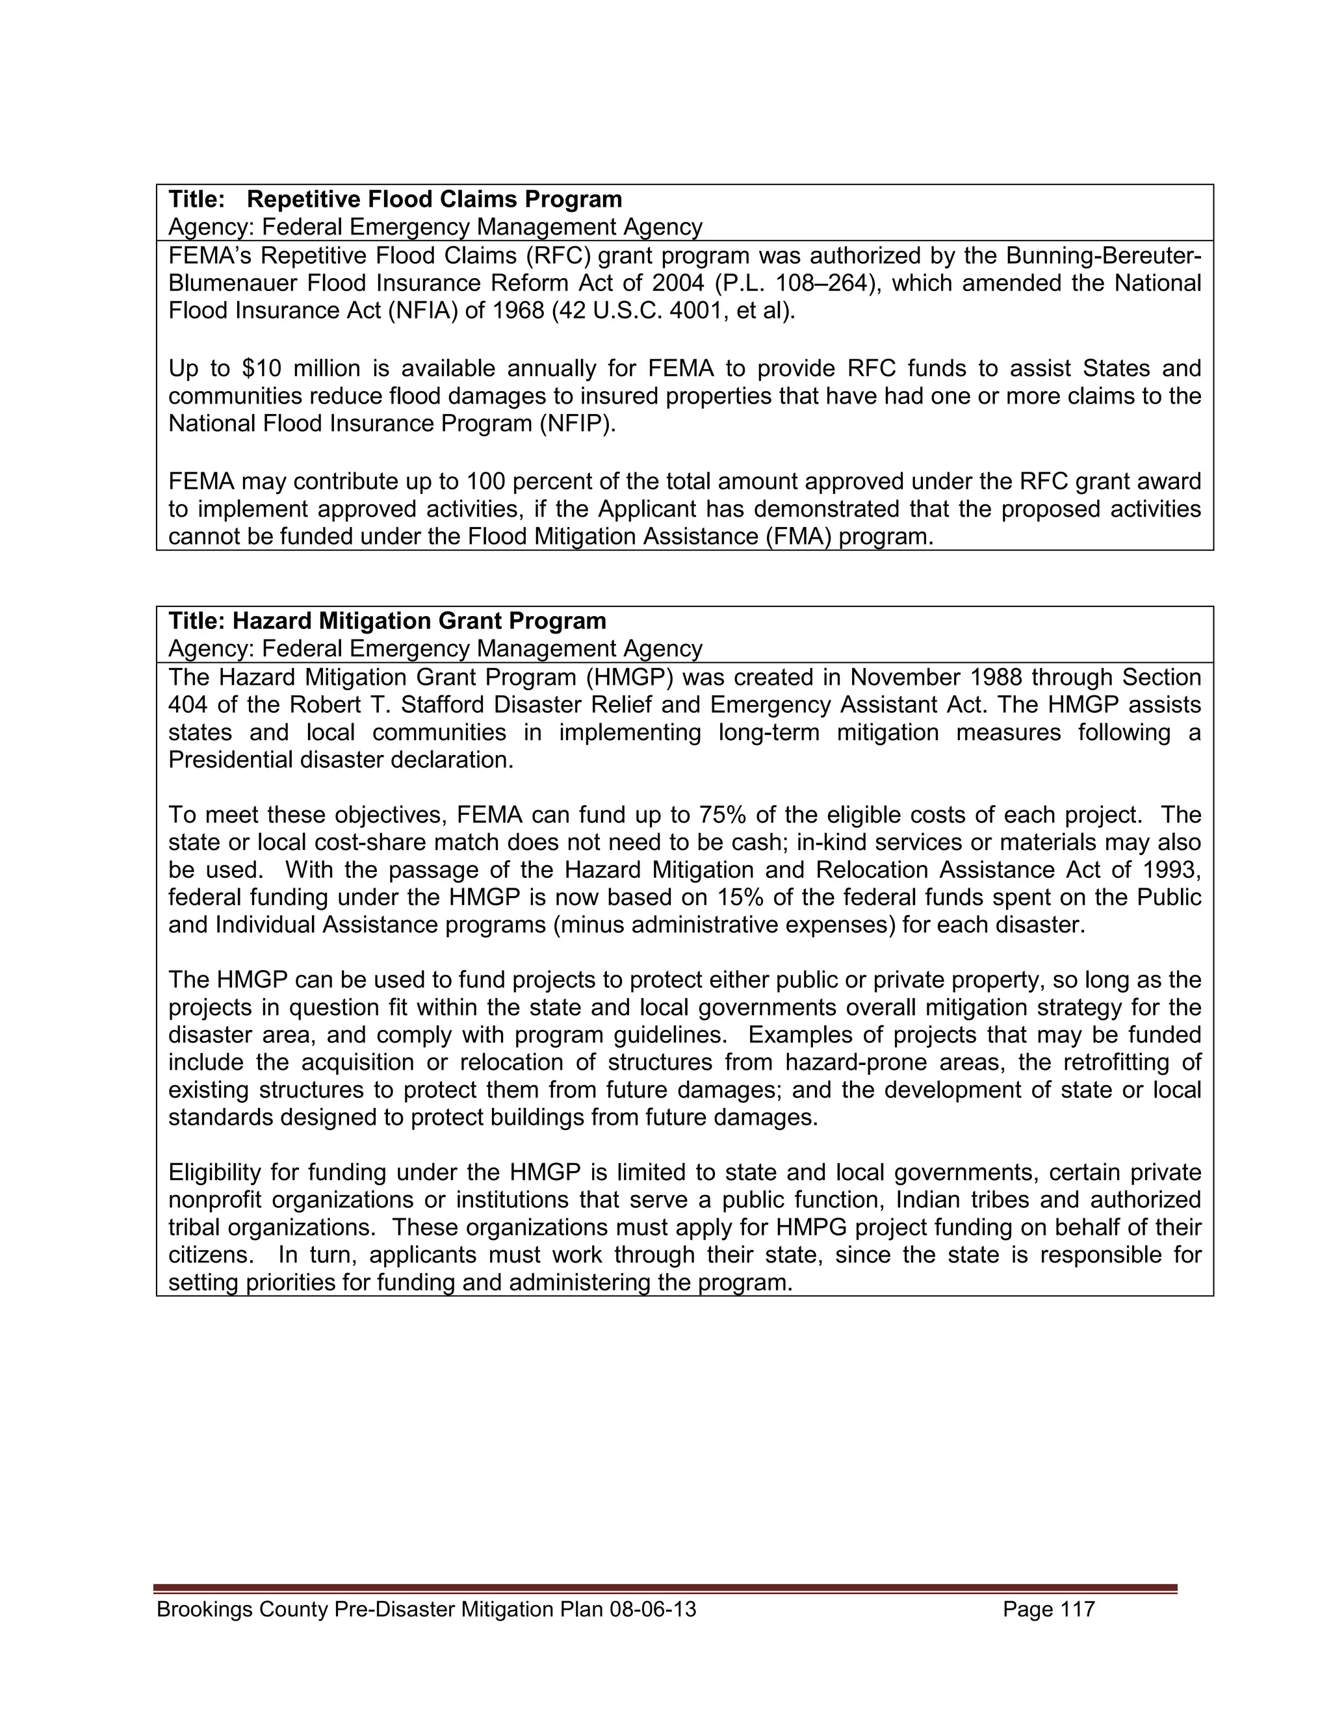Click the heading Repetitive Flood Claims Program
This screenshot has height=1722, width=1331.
pyautogui.click(x=435, y=199)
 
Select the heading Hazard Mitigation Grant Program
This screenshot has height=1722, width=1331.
pyautogui.click(x=419, y=621)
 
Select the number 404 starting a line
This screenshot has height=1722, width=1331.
pyautogui.click(x=188, y=704)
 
